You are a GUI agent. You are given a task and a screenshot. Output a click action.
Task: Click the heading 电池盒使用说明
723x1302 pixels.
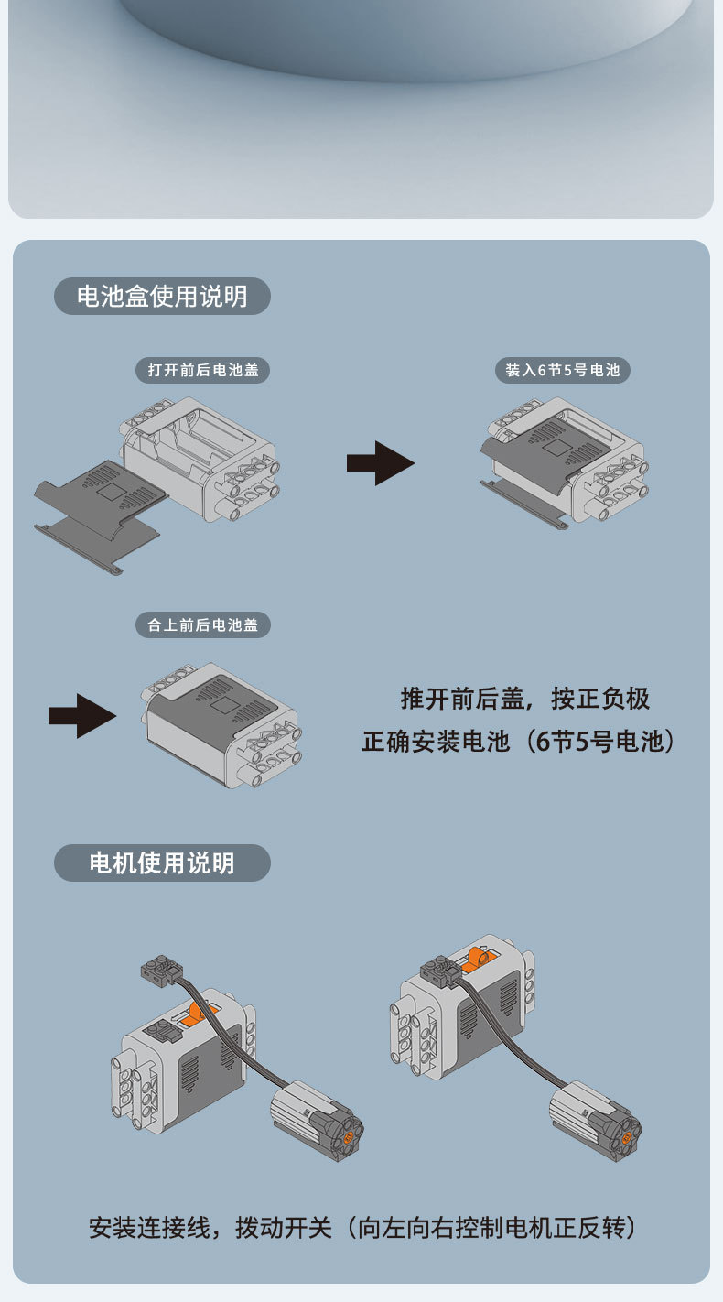tap(162, 297)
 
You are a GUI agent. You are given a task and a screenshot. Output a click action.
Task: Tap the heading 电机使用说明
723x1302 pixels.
tap(162, 863)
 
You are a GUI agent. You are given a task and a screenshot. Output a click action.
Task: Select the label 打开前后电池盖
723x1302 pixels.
tap(202, 370)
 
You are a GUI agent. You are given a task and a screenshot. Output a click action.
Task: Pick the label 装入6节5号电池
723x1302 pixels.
tap(562, 370)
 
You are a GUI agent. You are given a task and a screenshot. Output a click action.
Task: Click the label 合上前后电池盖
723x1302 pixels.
tap(202, 625)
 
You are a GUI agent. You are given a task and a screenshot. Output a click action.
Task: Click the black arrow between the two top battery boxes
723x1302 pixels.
tap(380, 463)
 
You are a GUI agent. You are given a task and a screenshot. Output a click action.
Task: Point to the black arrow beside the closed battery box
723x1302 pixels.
tap(81, 715)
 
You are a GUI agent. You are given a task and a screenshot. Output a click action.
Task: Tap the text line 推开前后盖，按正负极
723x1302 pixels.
tap(524, 699)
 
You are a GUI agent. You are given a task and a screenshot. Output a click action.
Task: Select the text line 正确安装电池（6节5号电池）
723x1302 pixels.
tap(519, 741)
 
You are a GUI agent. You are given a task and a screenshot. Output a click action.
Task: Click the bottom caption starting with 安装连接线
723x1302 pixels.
tap(361, 1228)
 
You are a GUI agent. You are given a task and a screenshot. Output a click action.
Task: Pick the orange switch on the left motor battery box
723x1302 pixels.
tap(196, 1013)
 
